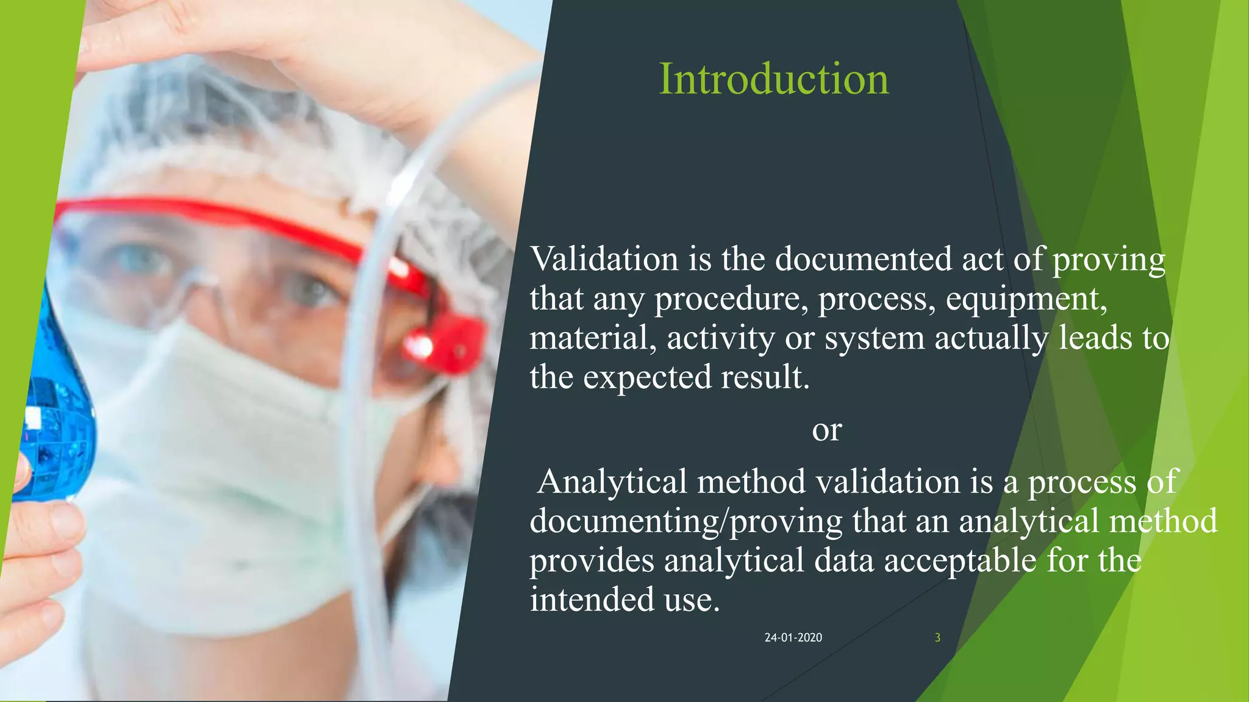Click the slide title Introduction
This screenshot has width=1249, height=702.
[x=773, y=79]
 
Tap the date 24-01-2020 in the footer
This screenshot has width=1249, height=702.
[x=793, y=637]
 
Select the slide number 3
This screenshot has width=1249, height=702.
[x=937, y=637]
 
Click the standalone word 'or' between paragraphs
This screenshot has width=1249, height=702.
[x=826, y=430]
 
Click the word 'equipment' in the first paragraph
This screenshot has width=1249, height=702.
[x=1026, y=299]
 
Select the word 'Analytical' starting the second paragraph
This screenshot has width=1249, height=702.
[x=612, y=481]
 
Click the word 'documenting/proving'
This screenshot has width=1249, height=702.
[x=685, y=521]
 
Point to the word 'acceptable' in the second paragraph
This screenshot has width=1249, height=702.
[x=960, y=560]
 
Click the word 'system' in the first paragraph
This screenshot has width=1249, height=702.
[x=875, y=338]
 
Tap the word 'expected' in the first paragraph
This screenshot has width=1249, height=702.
[x=647, y=378]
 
